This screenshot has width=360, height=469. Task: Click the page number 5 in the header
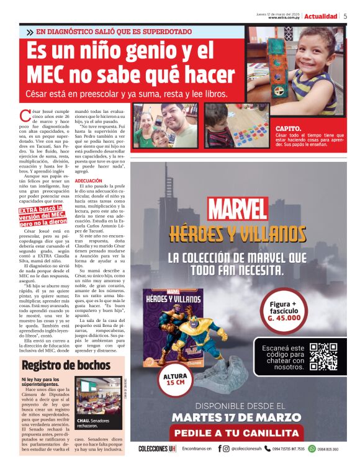click(345, 16)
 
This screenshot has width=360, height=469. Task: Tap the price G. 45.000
click(284, 318)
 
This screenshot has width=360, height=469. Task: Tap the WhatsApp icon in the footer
click(313, 449)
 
